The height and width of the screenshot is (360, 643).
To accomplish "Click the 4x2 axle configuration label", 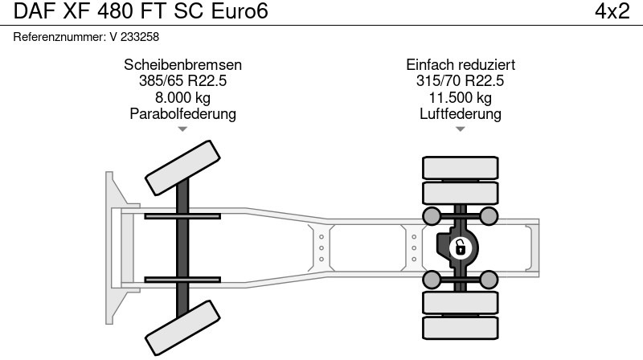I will (x=612, y=12).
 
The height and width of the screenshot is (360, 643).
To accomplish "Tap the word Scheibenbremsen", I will (x=183, y=65).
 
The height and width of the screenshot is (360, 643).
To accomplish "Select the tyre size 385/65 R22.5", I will (x=183, y=81).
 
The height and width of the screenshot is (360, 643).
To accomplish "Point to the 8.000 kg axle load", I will (x=183, y=97).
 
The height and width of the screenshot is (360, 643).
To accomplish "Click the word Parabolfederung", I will (x=183, y=113).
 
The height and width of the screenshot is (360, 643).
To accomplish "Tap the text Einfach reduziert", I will (x=461, y=65).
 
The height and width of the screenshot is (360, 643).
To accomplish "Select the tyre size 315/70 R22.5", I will (x=461, y=81).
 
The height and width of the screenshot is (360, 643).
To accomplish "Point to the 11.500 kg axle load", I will (x=461, y=97).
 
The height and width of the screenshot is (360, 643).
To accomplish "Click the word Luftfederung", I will (x=461, y=113).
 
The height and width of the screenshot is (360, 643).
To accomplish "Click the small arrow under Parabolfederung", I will (x=183, y=129).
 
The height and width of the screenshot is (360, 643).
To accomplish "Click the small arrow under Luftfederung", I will (x=461, y=129).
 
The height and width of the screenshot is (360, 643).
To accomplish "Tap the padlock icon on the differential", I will (x=461, y=247).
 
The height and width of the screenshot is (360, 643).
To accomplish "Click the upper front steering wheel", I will (x=182, y=170).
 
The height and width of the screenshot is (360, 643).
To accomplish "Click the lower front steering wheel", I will (x=182, y=326).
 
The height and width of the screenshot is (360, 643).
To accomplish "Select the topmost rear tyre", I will (x=460, y=168).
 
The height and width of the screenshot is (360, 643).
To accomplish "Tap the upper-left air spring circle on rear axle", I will (x=432, y=215).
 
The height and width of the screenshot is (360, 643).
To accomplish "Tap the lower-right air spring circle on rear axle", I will (x=489, y=279).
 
